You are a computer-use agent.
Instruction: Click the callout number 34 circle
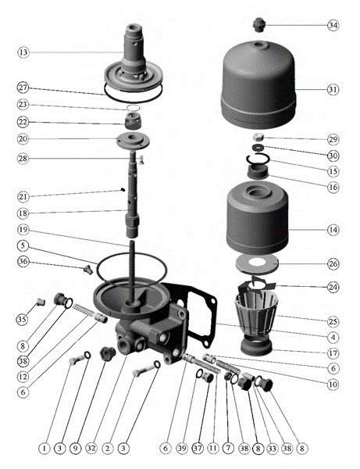tap(333, 25)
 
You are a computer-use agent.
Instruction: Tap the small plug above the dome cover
tap(258, 24)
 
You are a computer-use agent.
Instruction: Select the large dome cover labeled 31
tap(258, 85)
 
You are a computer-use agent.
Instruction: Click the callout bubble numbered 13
tap(23, 52)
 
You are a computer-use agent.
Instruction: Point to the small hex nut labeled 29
tap(258, 138)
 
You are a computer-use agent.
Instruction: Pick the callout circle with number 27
tap(23, 88)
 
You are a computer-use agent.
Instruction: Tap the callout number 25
tap(333, 321)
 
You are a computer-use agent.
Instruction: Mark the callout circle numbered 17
tap(333, 353)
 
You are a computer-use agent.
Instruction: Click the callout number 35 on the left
tap(22, 319)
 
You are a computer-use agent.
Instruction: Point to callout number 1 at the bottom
tap(45, 448)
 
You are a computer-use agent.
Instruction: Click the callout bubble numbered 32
tap(91, 448)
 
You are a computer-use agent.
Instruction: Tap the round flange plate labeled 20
tap(133, 140)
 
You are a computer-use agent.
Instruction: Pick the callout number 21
tap(23, 197)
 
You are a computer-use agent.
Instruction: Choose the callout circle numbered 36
tap(23, 261)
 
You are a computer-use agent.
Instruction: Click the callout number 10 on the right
tap(333, 385)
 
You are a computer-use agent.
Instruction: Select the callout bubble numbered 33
tap(272, 448)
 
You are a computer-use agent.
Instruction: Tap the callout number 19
tap(23, 229)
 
